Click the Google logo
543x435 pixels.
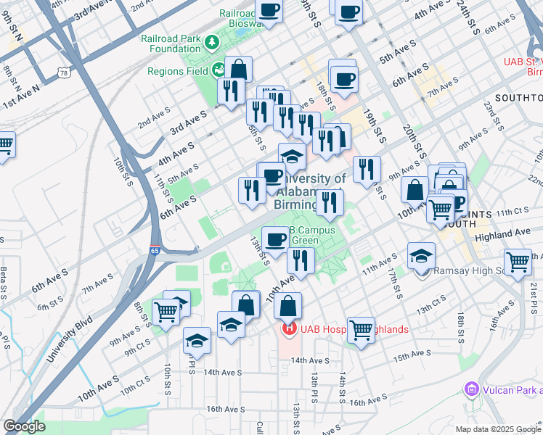[x=24, y=426]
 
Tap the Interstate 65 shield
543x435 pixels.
[x=154, y=250]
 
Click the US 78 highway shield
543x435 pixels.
[x=65, y=73]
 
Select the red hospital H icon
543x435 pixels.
[x=289, y=329]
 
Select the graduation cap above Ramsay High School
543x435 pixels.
[x=421, y=255]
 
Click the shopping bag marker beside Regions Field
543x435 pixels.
[x=238, y=70]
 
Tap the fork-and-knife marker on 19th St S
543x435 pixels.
[x=367, y=169]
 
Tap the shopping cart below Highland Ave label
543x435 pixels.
[x=518, y=261]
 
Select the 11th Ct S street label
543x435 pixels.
[x=513, y=211]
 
